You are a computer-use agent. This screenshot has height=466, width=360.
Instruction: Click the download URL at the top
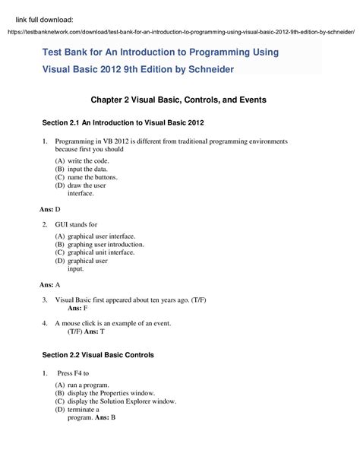click(x=180, y=32)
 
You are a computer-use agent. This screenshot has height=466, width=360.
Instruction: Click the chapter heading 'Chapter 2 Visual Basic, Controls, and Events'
click(x=178, y=100)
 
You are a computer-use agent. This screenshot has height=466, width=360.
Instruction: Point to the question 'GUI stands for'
click(x=76, y=225)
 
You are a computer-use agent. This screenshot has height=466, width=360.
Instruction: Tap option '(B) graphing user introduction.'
click(x=99, y=245)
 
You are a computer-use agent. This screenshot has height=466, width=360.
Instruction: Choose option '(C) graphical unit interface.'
click(x=95, y=252)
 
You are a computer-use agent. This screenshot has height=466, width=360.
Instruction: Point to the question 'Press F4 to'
click(x=74, y=373)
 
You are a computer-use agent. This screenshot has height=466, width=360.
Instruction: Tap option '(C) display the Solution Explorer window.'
click(x=115, y=401)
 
